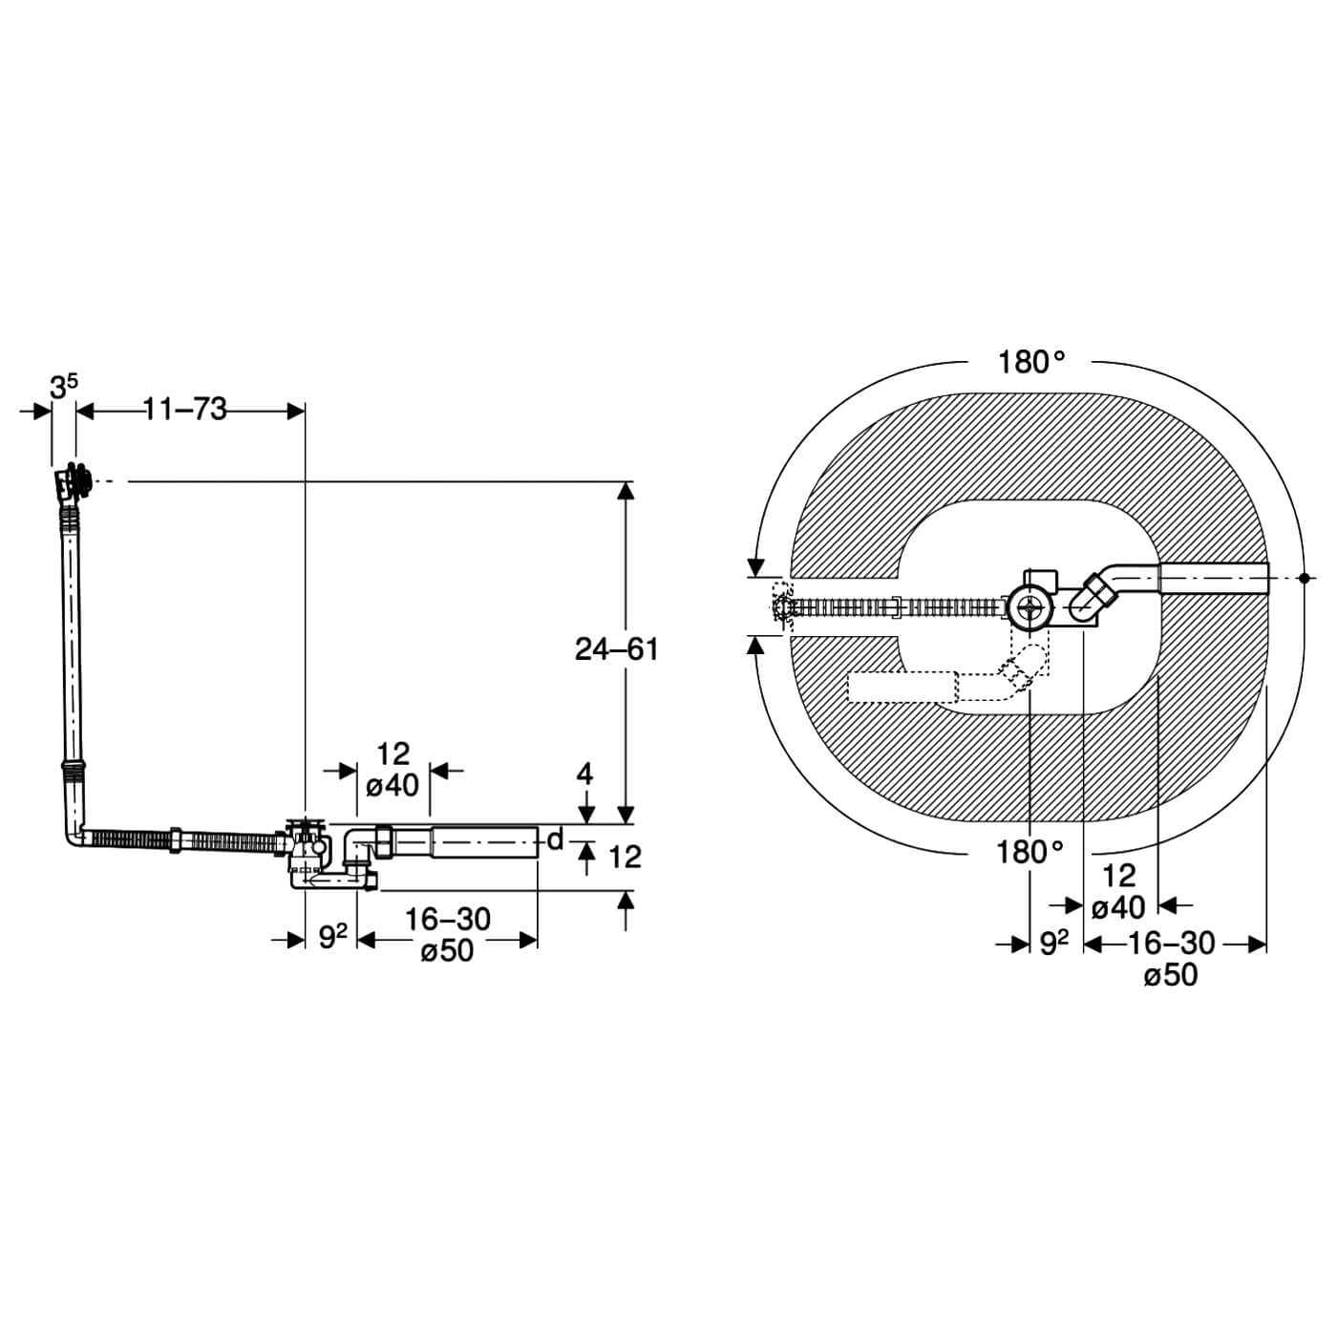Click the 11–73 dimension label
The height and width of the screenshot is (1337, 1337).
tap(185, 409)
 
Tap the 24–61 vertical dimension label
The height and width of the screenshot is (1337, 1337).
tap(617, 649)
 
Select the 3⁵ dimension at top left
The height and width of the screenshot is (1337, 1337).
tap(63, 387)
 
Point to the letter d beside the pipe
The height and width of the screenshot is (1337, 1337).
tap(555, 840)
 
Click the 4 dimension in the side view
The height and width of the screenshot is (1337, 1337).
tap(584, 774)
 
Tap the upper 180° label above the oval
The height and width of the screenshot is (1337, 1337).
tap(1031, 363)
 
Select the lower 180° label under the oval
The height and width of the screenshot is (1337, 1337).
tap(1029, 852)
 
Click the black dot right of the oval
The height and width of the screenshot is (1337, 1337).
tap(1304, 578)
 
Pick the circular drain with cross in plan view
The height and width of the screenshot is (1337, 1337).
tap(1029, 607)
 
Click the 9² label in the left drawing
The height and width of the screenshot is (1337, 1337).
tap(331, 938)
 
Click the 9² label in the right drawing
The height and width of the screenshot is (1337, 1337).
tap(1053, 944)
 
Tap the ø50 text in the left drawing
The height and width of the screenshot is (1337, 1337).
tap(447, 951)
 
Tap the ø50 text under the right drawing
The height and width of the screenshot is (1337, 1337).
tap(1170, 975)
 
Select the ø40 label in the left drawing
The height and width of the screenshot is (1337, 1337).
tap(393, 785)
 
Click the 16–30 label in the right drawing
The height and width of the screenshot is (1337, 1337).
tap(1171, 944)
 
